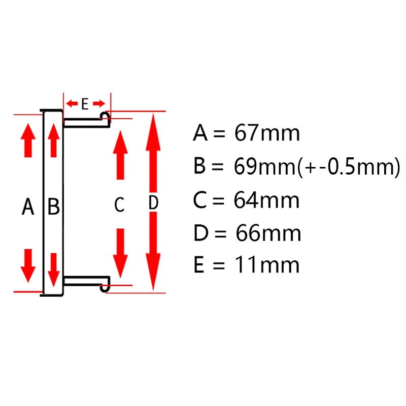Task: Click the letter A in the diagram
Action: coord(28,207)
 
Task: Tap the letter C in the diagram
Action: coord(119,205)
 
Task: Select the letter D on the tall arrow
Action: coord(153,203)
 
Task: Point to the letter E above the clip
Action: coord(85,105)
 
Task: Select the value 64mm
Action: coord(266,200)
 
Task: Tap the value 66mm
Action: coord(268,233)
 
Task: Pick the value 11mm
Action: coord(266,265)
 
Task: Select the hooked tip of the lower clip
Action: coord(106,286)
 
